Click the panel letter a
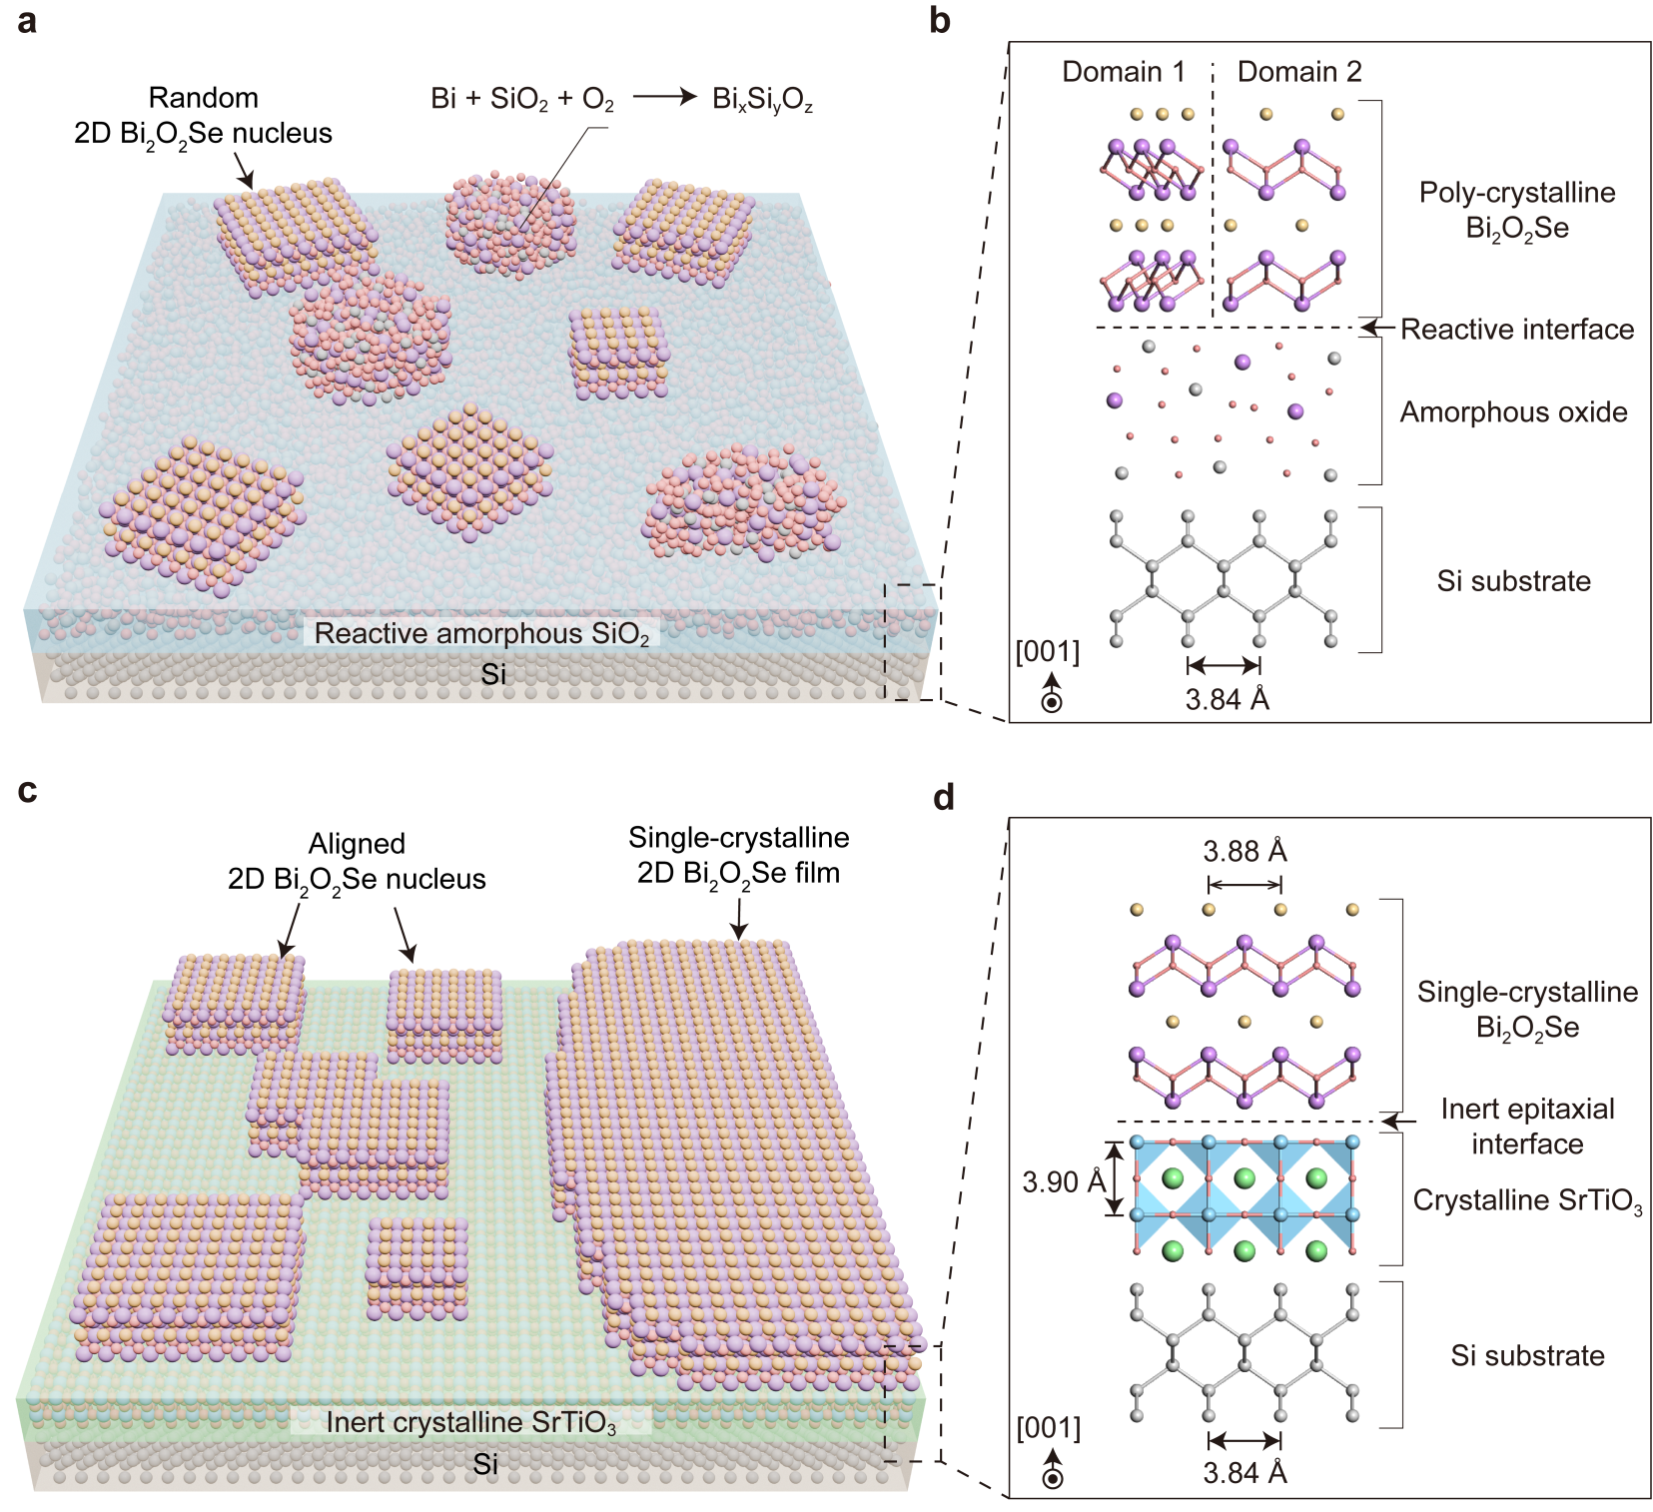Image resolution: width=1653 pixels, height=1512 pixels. [27, 21]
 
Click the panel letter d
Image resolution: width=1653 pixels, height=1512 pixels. [944, 798]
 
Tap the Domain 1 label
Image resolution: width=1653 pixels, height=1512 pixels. [1123, 72]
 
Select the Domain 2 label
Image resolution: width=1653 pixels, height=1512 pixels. [1298, 72]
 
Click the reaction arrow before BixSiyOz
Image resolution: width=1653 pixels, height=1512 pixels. [664, 97]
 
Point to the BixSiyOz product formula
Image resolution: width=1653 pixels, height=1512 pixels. [762, 100]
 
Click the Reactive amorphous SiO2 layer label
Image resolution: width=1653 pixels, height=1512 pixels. [481, 633]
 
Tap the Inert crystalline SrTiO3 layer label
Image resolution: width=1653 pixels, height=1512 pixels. [470, 1422]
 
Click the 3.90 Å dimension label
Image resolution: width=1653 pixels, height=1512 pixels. [1063, 1182]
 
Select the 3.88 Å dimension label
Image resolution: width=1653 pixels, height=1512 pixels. [1244, 851]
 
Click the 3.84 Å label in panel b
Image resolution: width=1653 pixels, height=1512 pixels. [1228, 699]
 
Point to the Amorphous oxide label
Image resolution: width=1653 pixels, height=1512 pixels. [1513, 411]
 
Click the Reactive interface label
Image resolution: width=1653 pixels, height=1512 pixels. [1516, 329]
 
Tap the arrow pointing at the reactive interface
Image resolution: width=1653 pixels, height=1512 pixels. [1377, 327]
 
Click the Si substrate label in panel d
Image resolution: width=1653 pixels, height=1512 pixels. [1527, 1355]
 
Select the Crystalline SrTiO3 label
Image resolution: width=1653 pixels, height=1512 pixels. [1527, 1200]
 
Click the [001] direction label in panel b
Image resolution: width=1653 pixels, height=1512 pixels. [1048, 651]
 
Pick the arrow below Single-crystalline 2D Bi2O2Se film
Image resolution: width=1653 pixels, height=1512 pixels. [739, 919]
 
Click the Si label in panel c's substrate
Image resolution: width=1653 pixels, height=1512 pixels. [485, 1464]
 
